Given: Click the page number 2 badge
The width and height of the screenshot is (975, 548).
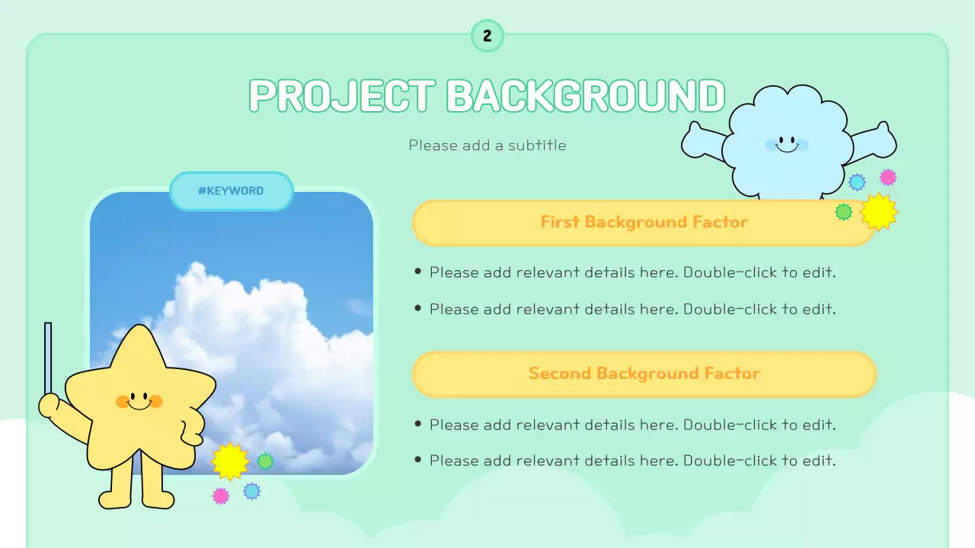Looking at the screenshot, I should point(487,36).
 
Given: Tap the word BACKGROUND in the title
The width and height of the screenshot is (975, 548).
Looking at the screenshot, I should point(585,96).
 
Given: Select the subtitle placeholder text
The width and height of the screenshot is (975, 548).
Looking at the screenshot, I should point(487,145).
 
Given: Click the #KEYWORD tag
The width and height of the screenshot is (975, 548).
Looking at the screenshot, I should point(231,191).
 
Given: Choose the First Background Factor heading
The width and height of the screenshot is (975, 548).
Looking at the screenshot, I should point(644,222).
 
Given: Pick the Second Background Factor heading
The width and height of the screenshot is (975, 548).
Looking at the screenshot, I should point(644,374).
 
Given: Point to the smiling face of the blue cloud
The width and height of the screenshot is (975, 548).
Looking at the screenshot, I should point(787,144).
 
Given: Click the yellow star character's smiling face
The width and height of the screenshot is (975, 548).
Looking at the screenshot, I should point(139,400).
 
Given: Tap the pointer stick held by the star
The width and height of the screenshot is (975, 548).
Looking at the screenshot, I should point(48,358).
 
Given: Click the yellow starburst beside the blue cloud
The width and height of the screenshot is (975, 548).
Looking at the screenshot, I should point(879,212).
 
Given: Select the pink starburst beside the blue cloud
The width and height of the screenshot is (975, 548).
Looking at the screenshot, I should point(888,177).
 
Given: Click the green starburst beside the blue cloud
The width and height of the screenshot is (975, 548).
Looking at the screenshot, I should point(843,212).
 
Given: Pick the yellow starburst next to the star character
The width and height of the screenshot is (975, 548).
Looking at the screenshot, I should point(229,461).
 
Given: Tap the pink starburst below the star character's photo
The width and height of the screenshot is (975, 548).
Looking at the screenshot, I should point(221,496).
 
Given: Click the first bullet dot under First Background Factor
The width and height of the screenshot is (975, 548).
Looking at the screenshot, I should point(417,271).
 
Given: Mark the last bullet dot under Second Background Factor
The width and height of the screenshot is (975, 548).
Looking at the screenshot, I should point(417,460).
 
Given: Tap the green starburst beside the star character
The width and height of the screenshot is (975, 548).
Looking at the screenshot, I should point(265,461).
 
